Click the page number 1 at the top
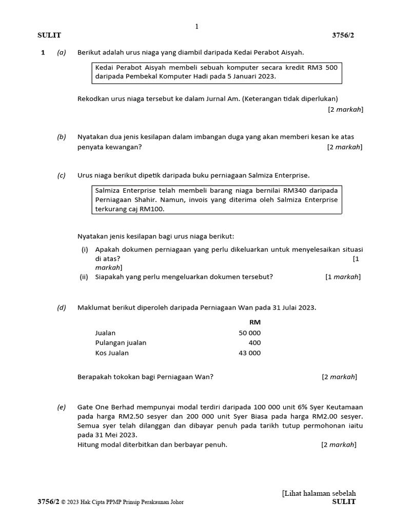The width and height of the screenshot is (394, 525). (x=196, y=27)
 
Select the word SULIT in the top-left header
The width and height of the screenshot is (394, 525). (x=49, y=35)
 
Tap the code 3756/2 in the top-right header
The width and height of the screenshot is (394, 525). (x=343, y=35)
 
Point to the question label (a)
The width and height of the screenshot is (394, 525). (x=62, y=52)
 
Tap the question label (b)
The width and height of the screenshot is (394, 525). (x=62, y=137)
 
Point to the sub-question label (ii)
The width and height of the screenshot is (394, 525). (x=84, y=277)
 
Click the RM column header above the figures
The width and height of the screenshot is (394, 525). (x=254, y=322)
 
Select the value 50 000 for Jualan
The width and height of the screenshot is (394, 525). (x=249, y=333)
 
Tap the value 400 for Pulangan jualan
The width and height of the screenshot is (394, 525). (x=254, y=342)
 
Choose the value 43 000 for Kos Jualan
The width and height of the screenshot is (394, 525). (x=249, y=353)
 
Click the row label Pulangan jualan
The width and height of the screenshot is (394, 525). (x=121, y=342)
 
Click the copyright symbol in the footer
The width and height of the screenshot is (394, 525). (x=64, y=502)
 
